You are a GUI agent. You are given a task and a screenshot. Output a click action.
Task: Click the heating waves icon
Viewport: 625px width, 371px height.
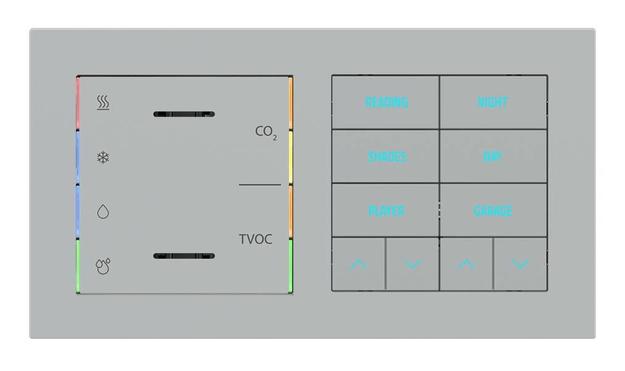pyautogui.click(x=103, y=103)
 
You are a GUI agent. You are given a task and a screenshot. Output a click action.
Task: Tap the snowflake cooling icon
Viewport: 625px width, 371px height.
pyautogui.click(x=103, y=158)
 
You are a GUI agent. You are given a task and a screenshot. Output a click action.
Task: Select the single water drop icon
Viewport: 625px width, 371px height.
pyautogui.click(x=103, y=212)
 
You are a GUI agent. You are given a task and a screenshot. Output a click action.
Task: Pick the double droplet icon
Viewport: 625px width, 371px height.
pyautogui.click(x=103, y=266)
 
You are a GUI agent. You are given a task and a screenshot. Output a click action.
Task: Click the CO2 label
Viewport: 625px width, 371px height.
pyautogui.click(x=266, y=132)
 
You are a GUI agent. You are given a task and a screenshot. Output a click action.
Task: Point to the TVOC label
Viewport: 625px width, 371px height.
pyautogui.click(x=256, y=239)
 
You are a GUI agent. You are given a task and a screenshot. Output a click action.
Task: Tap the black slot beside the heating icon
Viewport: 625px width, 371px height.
pyautogui.click(x=183, y=114)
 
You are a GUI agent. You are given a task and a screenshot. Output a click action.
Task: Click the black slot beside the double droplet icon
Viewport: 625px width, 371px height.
pyautogui.click(x=183, y=255)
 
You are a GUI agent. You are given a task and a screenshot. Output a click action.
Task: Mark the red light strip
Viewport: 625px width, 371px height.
pyautogui.click(x=78, y=103)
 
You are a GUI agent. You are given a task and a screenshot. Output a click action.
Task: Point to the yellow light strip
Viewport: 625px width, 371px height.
pyautogui.click(x=290, y=158)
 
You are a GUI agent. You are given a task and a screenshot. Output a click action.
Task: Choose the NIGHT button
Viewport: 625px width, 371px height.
pyautogui.click(x=493, y=103)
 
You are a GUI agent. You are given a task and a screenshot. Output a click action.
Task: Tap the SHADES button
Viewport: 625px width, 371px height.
pyautogui.click(x=387, y=156)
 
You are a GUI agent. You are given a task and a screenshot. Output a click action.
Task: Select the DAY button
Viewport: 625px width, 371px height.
pyautogui.click(x=493, y=156)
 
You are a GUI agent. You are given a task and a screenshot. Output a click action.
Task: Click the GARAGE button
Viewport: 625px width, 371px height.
pyautogui.click(x=493, y=211)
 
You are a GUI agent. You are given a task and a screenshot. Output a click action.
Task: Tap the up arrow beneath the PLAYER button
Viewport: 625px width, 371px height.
pyautogui.click(x=359, y=264)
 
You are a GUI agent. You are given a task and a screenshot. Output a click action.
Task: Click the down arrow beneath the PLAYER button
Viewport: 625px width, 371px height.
pyautogui.click(x=413, y=264)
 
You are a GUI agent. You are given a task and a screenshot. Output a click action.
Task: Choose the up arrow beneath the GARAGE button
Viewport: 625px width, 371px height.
pyautogui.click(x=466, y=264)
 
